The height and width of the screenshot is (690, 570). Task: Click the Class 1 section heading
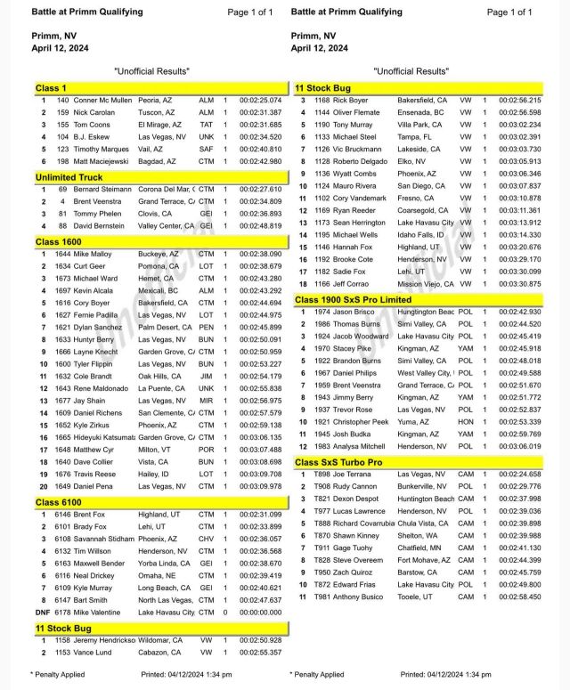click(x=50, y=88)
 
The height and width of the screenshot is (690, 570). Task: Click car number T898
click(x=323, y=475)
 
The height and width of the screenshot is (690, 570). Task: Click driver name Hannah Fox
click(x=361, y=246)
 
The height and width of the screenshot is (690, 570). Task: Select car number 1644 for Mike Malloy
click(x=63, y=254)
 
